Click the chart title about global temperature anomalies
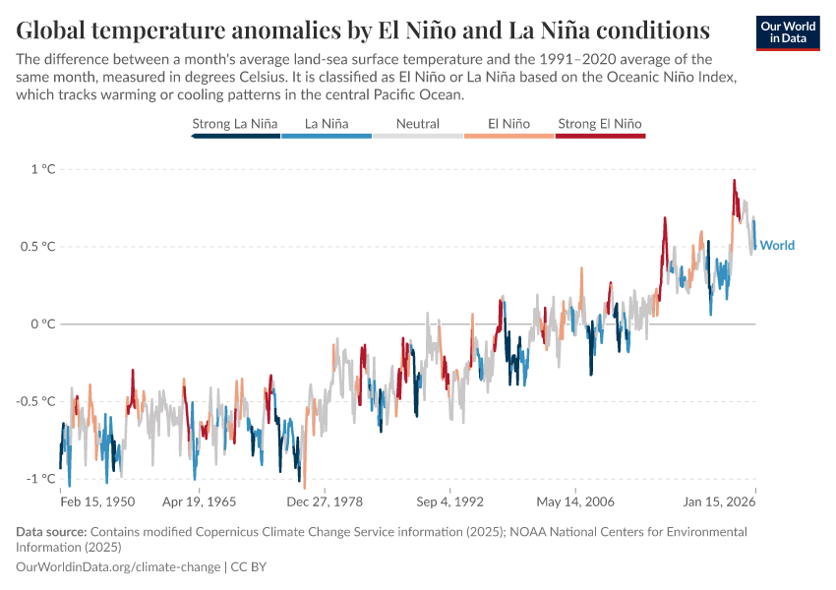(x=363, y=28)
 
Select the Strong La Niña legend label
(x=235, y=124)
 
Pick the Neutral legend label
(x=417, y=124)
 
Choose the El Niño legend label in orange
(x=508, y=124)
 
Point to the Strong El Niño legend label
(x=600, y=124)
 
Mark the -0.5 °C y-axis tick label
(x=34, y=401)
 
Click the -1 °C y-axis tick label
(x=40, y=478)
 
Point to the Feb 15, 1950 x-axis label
(x=97, y=501)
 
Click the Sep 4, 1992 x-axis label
(x=449, y=501)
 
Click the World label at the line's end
(x=777, y=246)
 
